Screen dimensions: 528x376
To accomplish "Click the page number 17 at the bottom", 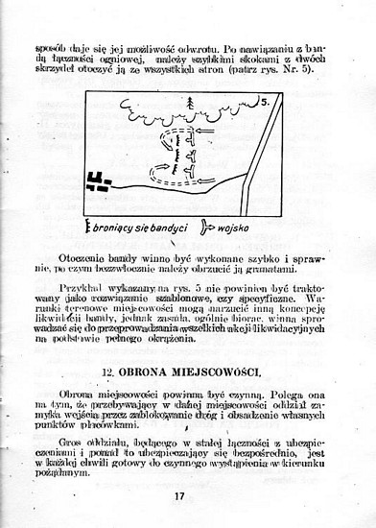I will click(179, 495).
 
